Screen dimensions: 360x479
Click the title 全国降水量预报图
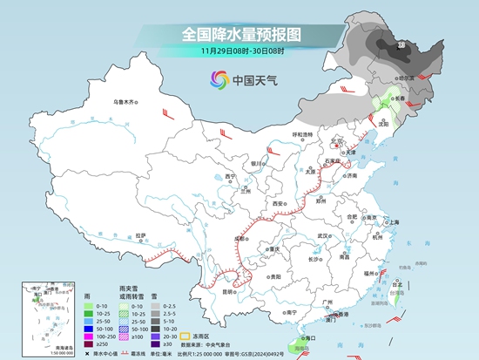[240, 34]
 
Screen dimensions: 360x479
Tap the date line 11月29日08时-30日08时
[240, 51]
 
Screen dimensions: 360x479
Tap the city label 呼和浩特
[301, 134]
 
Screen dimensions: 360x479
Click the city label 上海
[394, 222]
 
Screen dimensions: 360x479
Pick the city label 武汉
[324, 235]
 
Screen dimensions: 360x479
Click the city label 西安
[278, 202]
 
